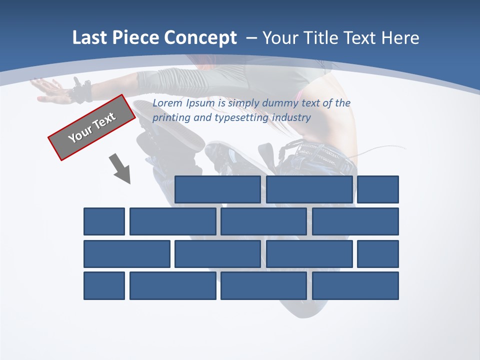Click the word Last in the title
click(x=89, y=38)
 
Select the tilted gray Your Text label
click(x=91, y=127)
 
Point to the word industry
click(x=292, y=118)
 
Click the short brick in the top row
click(x=378, y=189)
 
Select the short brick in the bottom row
click(x=104, y=285)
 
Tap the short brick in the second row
click(x=104, y=221)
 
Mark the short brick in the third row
click(x=378, y=254)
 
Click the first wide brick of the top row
click(x=217, y=189)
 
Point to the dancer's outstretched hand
click(x=50, y=90)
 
